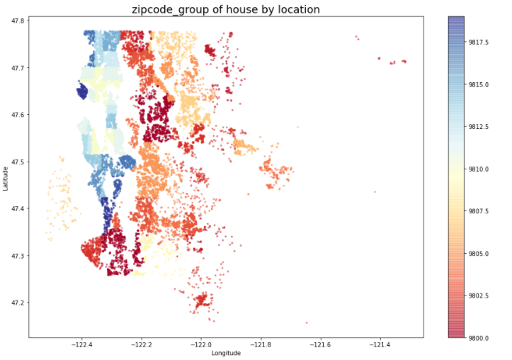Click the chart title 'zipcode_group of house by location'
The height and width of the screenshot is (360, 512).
[x=226, y=9]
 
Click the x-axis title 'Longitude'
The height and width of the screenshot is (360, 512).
[x=226, y=353]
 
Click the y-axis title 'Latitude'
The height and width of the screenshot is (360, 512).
[x=6, y=177]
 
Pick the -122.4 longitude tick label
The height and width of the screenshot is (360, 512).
[x=81, y=344]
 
